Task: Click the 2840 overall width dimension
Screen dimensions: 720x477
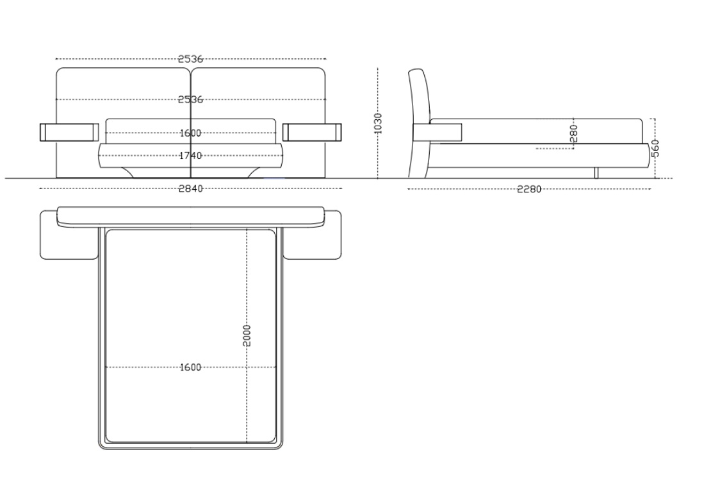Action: [190, 188]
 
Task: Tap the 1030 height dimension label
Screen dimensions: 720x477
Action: [378, 123]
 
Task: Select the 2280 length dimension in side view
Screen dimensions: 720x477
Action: [530, 189]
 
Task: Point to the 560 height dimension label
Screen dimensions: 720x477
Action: [655, 148]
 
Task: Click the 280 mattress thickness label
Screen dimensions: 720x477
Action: [573, 133]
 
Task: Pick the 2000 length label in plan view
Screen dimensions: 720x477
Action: [247, 335]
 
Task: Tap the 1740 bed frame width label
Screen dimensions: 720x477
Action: [190, 156]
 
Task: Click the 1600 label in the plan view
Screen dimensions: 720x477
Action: [190, 367]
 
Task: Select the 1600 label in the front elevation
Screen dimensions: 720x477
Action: [190, 133]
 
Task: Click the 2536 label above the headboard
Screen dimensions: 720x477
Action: [190, 59]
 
